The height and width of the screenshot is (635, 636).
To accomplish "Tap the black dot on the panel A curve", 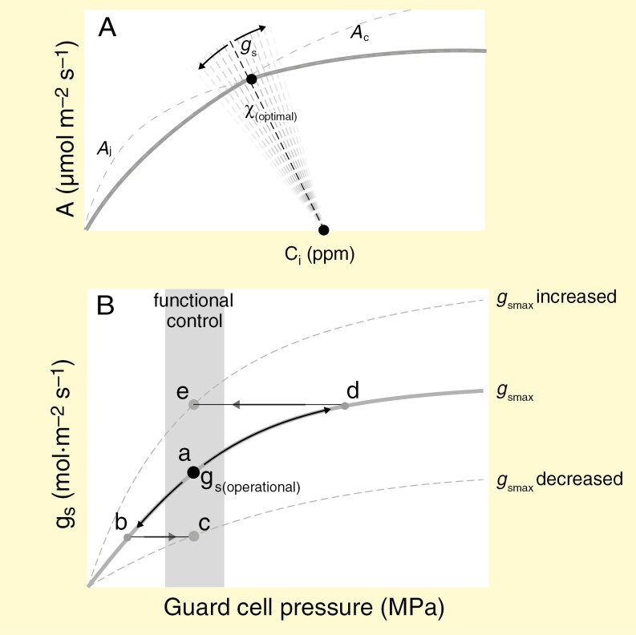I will coord(251,79).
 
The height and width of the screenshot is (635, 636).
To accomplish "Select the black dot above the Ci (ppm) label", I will coord(324,230).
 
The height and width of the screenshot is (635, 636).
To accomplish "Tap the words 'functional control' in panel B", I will coord(194,310).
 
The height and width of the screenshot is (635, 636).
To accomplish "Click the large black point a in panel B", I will coord(193,471).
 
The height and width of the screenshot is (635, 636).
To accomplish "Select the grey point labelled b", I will coord(127,536).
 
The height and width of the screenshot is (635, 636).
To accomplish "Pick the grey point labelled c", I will coord(193,536).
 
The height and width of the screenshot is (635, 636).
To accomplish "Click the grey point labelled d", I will coord(345,406).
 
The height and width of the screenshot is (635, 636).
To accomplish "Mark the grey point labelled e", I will coord(193,405).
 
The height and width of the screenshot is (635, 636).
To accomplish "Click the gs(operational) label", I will coord(249,483).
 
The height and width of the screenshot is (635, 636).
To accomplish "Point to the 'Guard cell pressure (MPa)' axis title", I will coord(305,607).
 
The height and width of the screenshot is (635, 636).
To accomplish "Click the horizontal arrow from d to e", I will coord(269,405).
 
